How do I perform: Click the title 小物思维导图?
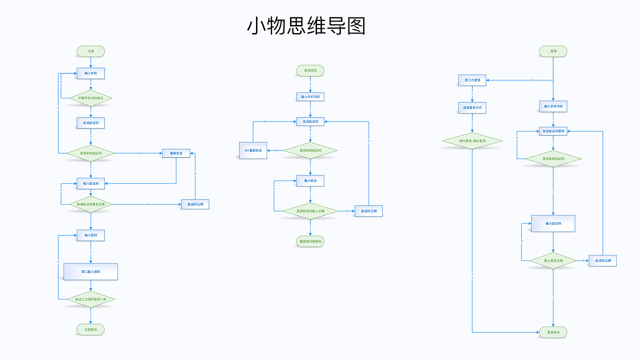click(306, 26)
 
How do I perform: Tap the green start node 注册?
click(90, 51)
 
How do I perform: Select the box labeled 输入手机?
click(90, 73)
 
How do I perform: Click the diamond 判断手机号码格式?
click(90, 98)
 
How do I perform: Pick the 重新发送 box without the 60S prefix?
click(176, 153)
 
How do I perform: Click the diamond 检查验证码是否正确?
click(90, 204)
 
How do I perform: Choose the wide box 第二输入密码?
click(90, 271)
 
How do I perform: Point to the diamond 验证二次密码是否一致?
click(90, 299)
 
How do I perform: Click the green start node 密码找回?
click(310, 70)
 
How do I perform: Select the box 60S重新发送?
click(253, 150)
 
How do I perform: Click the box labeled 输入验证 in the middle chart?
click(310, 180)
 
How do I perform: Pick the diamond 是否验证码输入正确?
click(310, 211)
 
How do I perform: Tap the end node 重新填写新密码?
click(310, 241)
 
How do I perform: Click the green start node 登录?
click(553, 51)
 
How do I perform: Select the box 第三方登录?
click(472, 80)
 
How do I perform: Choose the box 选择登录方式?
click(472, 107)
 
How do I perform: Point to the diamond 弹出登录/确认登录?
click(472, 141)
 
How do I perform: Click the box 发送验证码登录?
click(553, 131)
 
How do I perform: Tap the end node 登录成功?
click(553, 332)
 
